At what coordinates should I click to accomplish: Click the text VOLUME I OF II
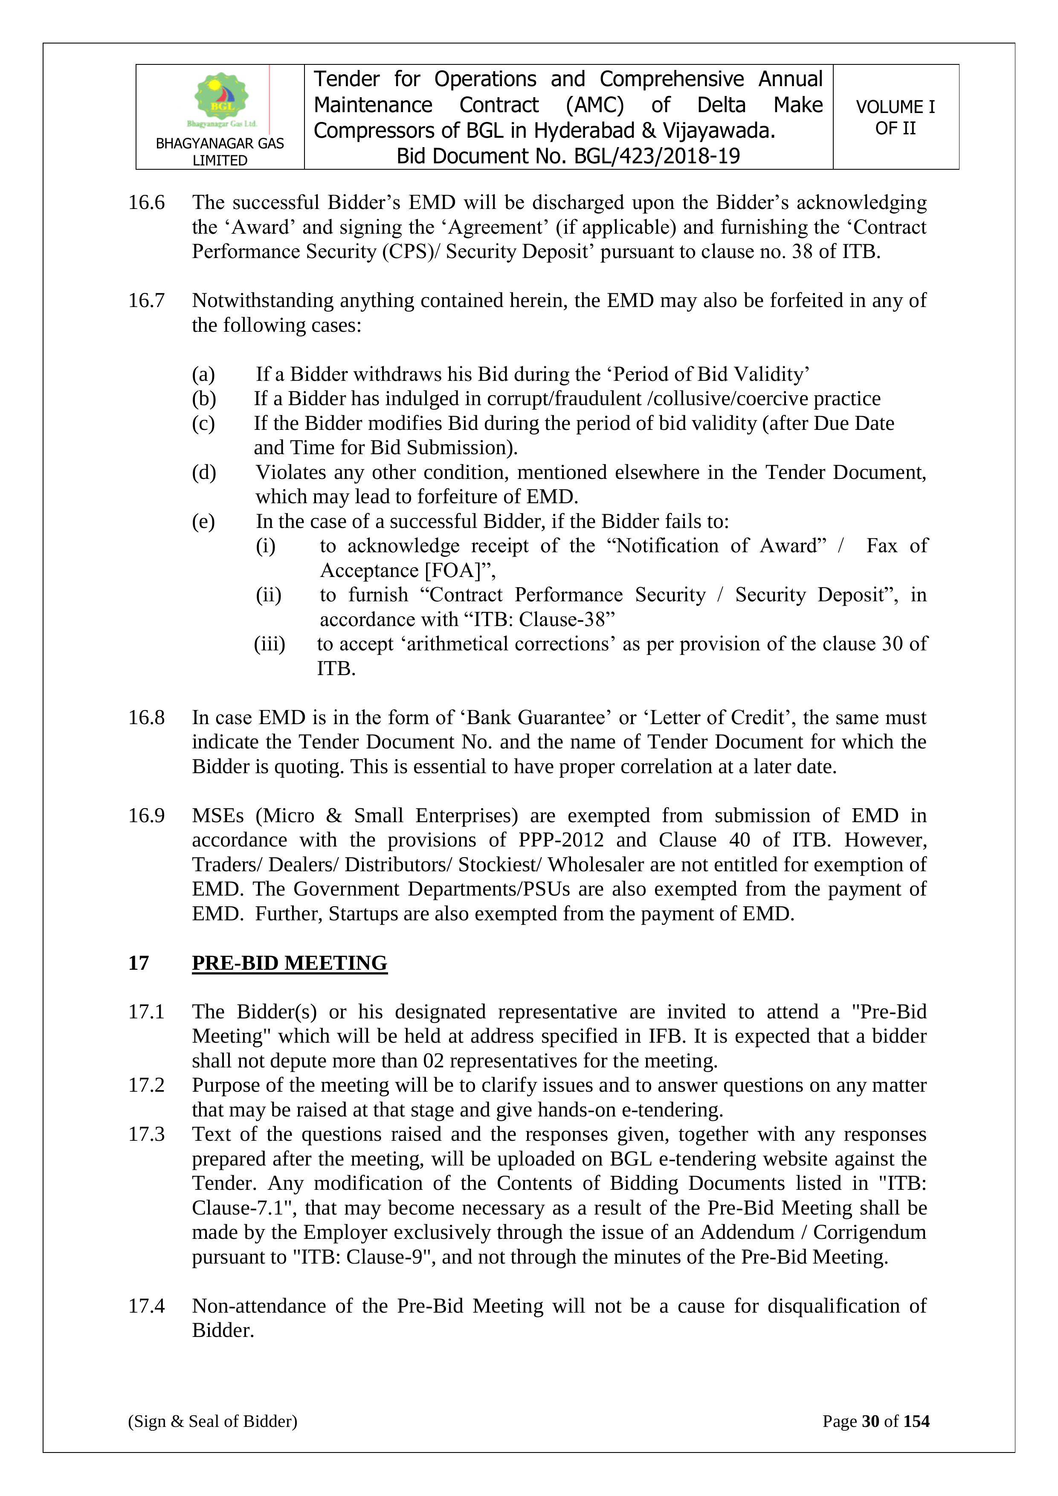pyautogui.click(x=895, y=117)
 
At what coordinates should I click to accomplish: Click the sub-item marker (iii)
pyautogui.click(x=270, y=644)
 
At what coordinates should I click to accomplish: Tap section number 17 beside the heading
pyautogui.click(x=138, y=963)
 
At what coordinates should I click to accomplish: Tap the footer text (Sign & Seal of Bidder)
pyautogui.click(x=212, y=1421)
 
